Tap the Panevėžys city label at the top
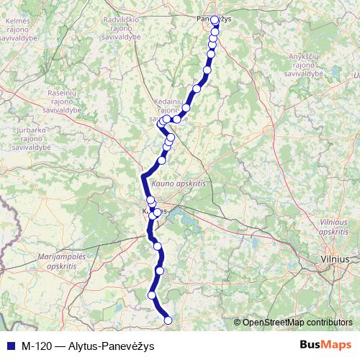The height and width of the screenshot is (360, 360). point(213,19)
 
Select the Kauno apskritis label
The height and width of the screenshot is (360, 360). point(179,185)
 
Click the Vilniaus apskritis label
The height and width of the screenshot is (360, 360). point(333,228)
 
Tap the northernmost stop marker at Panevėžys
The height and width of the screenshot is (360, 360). point(215,20)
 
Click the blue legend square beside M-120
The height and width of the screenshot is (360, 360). point(10,345)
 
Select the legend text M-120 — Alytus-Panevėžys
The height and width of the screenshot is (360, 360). point(87,345)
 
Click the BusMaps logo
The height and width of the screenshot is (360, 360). point(325,344)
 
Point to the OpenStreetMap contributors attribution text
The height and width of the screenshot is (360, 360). point(297,323)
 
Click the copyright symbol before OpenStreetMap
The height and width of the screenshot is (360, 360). point(237,323)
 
